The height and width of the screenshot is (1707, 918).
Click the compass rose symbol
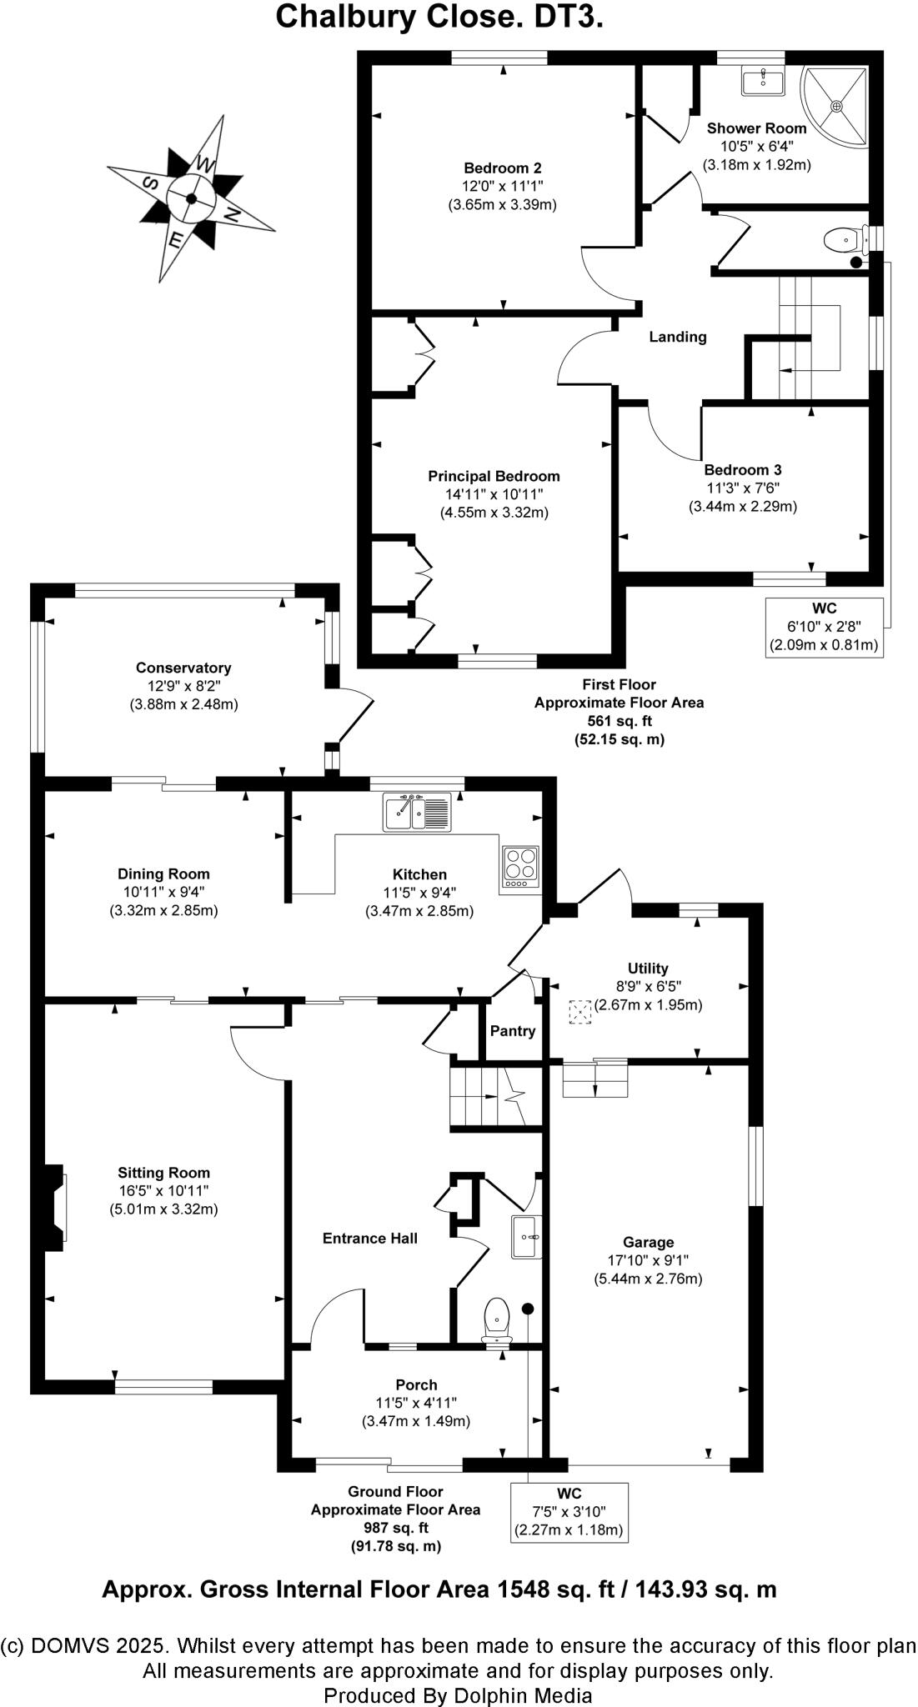coord(191,198)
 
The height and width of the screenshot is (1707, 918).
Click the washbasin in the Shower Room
coord(762,82)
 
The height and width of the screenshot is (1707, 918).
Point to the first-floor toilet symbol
coord(844,242)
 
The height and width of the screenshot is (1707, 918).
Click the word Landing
coord(678,337)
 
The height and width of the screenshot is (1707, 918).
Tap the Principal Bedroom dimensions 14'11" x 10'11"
coord(494,494)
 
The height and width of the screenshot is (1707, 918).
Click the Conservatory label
coord(183,668)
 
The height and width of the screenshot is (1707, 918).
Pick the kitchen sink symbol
coord(417,812)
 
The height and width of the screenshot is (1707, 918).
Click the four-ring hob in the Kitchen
coord(521,867)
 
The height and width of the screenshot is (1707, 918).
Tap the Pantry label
coord(512,1031)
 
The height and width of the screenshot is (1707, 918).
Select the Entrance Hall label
coord(370,1239)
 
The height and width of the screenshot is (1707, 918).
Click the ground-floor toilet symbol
coord(497,1319)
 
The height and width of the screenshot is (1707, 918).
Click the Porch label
coord(417,1384)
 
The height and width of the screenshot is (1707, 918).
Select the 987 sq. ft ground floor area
coord(395,1528)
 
